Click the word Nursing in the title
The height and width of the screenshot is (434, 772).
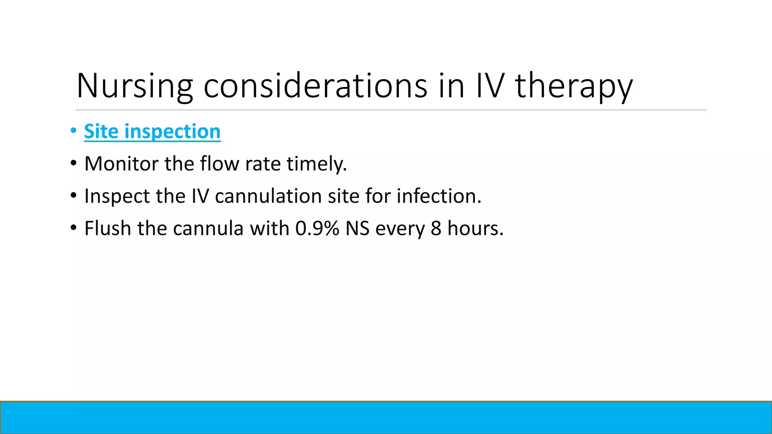tap(135, 86)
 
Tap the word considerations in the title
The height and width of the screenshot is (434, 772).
tap(315, 86)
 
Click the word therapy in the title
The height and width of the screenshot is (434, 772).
tap(574, 86)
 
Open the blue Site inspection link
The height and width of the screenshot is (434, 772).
tap(152, 131)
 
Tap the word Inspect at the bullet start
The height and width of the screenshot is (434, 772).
tap(117, 196)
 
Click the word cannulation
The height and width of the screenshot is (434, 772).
tap(268, 196)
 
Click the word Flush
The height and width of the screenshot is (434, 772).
tap(108, 229)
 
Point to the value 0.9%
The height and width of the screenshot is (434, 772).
tap(317, 229)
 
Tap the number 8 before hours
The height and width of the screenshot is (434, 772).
tap(436, 229)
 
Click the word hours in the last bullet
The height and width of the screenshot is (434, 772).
tap(475, 229)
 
